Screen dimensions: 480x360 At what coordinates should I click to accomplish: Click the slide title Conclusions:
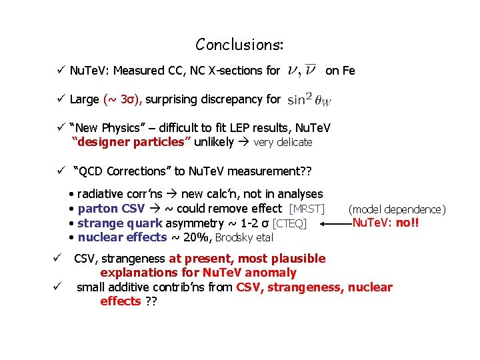[x=239, y=45]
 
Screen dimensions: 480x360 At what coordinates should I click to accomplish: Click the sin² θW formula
[x=309, y=100]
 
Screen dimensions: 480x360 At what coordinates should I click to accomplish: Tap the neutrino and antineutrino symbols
[x=301, y=70]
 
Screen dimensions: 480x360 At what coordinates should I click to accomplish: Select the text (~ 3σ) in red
[x=123, y=100]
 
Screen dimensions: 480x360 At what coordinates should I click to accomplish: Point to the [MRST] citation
[x=307, y=209]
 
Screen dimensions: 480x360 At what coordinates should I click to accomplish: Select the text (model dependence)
[x=397, y=209]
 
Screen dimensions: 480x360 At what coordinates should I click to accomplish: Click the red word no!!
[x=407, y=223]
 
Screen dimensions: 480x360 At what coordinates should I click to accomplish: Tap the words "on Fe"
[x=340, y=70]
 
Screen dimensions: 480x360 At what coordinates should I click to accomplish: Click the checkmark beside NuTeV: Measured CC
[x=61, y=70]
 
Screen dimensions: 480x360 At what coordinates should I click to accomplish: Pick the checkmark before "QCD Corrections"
[x=61, y=171]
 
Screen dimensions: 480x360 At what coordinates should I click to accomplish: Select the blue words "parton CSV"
[x=111, y=209]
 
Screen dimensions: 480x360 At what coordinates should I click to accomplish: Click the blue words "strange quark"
[x=120, y=223]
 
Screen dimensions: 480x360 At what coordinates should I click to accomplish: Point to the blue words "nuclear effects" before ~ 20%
[x=123, y=237]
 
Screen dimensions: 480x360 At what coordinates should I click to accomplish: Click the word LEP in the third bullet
[x=224, y=127]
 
